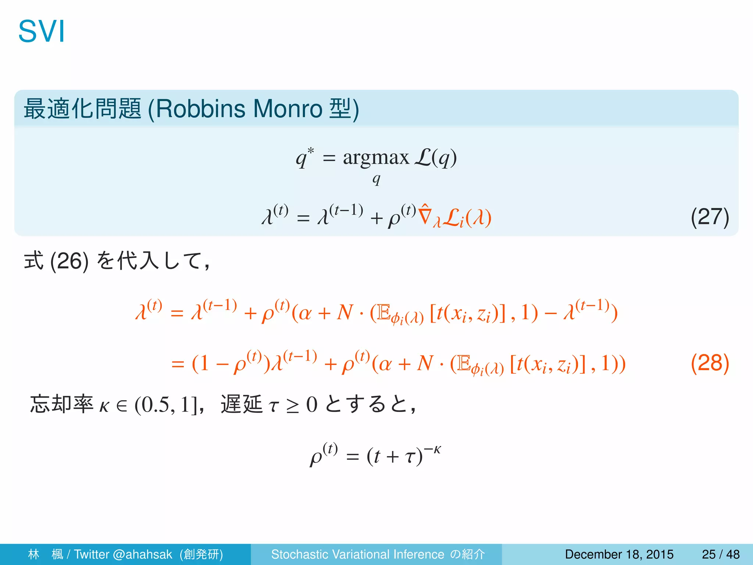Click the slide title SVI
pos(42,32)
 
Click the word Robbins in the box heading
pos(200,109)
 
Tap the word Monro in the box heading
pos(288,109)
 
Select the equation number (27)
pos(710,217)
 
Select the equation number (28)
pos(710,363)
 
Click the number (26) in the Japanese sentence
pos(69,261)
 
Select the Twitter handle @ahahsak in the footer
pos(143,554)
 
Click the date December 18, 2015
pos(619,554)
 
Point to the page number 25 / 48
pos(721,554)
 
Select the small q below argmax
pos(376,179)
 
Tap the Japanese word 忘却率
pos(62,404)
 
